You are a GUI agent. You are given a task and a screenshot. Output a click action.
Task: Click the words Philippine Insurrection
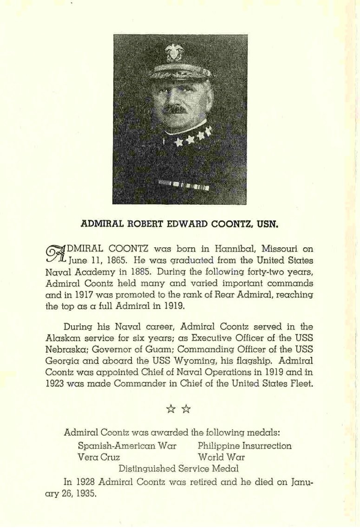pyautogui.click(x=245, y=446)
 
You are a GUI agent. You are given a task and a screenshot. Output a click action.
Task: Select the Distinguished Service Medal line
pyautogui.click(x=179, y=468)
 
